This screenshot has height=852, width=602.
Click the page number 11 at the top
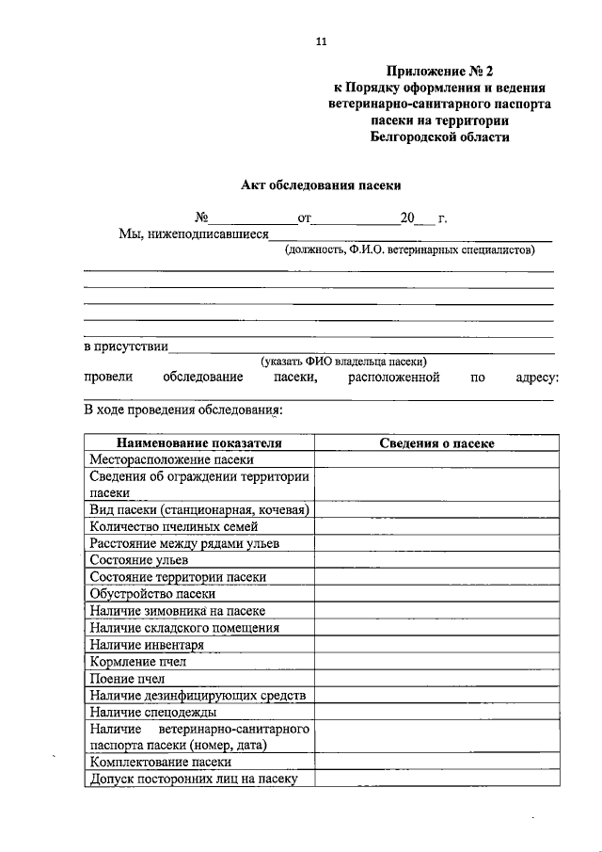320,43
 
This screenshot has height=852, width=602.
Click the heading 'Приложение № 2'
439,72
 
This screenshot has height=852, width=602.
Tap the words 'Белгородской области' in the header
439,137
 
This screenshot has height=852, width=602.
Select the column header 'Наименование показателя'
198,442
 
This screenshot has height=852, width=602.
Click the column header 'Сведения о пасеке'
436,442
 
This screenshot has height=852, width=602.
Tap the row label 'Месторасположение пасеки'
172,459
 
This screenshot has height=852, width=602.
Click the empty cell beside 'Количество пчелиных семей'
436,527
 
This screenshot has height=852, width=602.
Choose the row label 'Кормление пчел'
138,662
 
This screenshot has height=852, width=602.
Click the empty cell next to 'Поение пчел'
436,679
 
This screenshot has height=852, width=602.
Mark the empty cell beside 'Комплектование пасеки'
436,763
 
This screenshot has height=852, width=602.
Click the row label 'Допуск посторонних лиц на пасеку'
194,780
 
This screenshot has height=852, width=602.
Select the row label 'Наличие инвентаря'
147,645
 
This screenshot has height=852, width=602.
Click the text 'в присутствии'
126,346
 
